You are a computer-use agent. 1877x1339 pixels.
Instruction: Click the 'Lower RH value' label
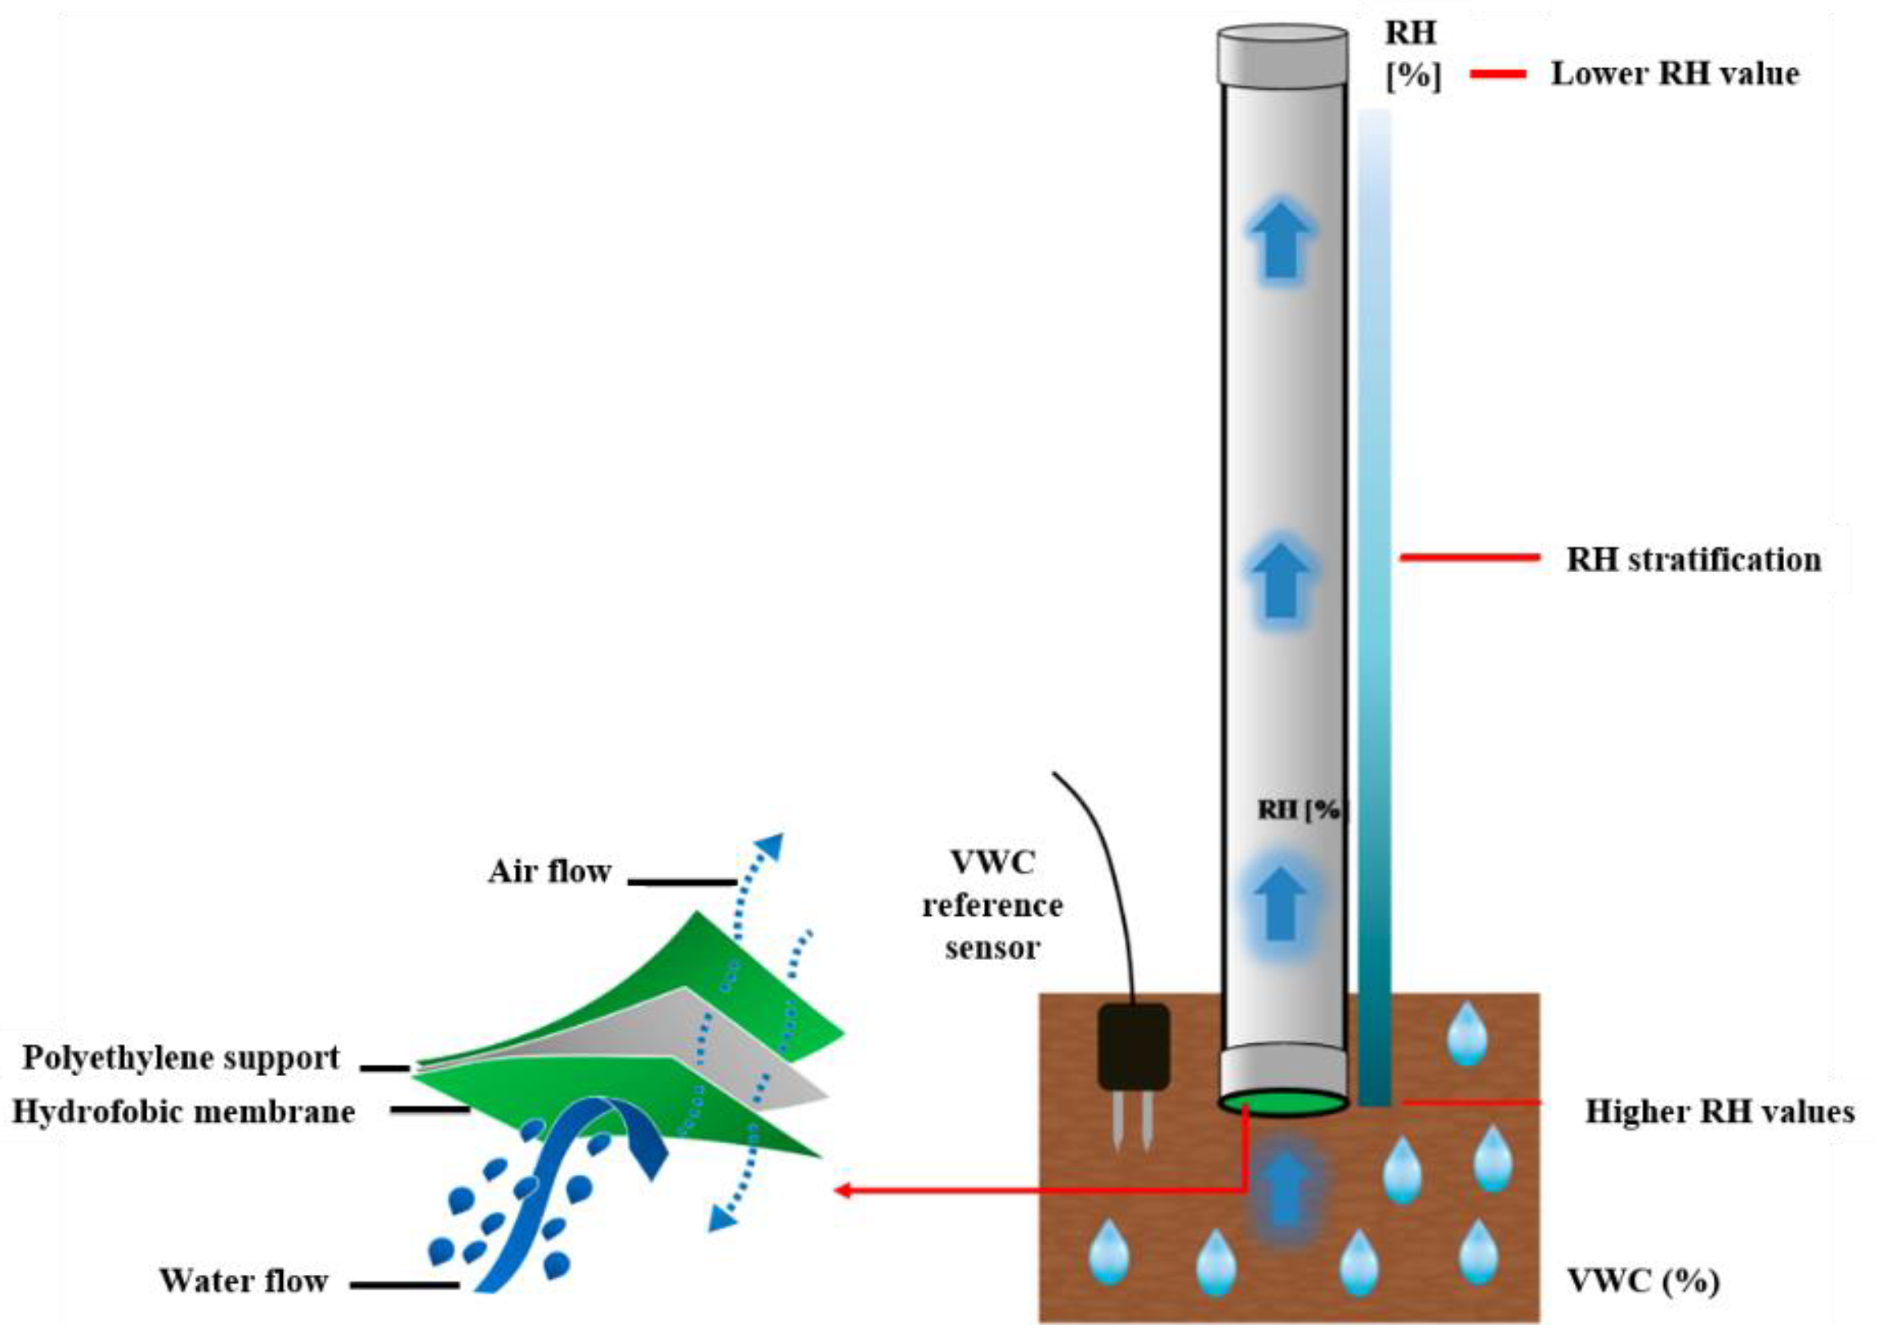(x=1674, y=75)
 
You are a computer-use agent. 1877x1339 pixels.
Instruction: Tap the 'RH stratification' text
(x=1694, y=560)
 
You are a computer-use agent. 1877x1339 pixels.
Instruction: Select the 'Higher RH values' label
(x=1719, y=1111)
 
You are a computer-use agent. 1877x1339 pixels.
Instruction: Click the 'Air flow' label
(x=549, y=872)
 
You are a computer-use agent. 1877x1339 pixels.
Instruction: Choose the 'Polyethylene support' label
(x=180, y=1058)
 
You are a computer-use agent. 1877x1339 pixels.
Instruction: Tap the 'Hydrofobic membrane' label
(x=183, y=1112)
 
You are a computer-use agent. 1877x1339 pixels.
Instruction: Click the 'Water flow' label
(x=244, y=1281)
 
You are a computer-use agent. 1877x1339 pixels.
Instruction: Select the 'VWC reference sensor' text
(x=992, y=905)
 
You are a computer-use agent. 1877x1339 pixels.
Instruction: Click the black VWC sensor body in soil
(x=1134, y=1046)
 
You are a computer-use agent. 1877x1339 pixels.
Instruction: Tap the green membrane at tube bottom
(x=1283, y=1103)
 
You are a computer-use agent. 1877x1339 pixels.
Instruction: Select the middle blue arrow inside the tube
(x=1281, y=580)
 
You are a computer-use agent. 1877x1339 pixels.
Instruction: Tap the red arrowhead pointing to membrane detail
(x=844, y=1191)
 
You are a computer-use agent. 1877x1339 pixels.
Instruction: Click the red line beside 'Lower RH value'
(x=1497, y=75)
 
